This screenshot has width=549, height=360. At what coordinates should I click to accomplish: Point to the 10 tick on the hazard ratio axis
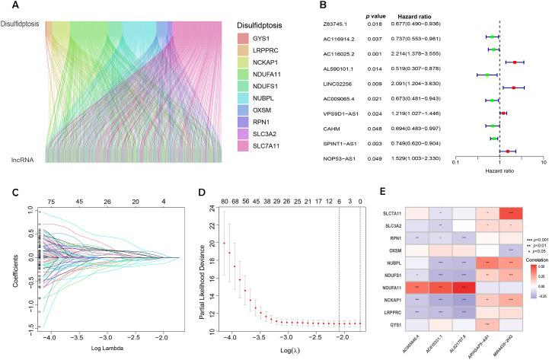pyautogui.click(x=542, y=161)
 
